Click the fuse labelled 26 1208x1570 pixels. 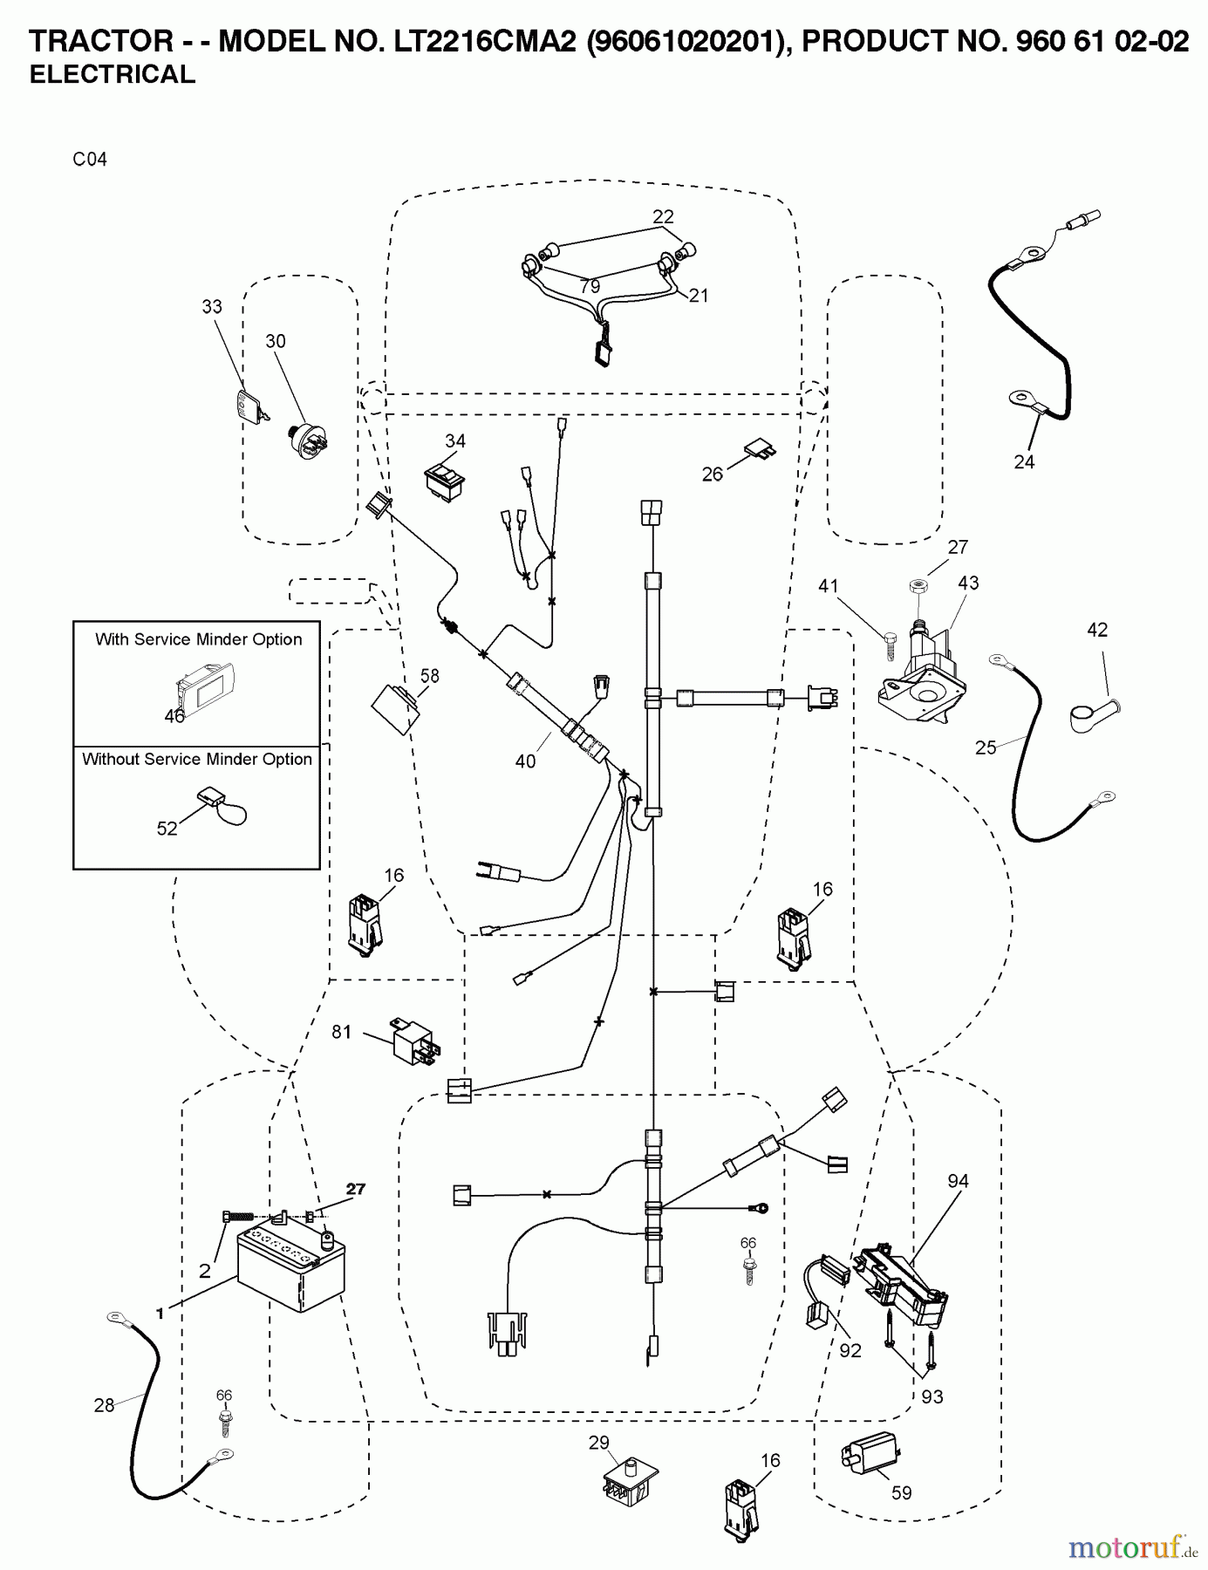pos(761,452)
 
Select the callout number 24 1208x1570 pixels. pos(1024,461)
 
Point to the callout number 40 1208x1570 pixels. pos(525,761)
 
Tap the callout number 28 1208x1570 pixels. pos(105,1405)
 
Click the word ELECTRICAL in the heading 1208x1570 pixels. pos(113,75)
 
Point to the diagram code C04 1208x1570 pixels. pos(90,160)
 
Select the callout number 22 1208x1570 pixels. pos(663,216)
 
